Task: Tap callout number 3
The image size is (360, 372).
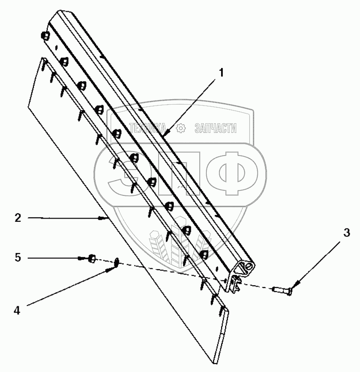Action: coord(347,232)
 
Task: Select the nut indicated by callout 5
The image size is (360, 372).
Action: coord(91,258)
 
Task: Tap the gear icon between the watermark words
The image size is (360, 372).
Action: coord(181,128)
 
